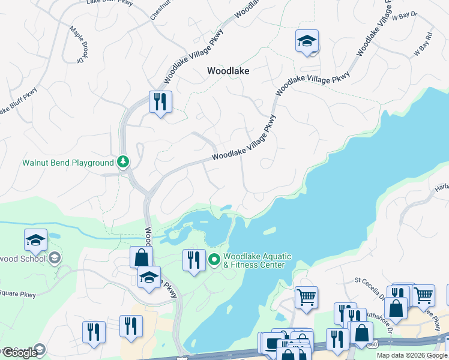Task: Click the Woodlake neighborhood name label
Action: point(228,70)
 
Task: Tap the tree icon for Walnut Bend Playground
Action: point(123,161)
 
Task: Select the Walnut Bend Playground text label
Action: point(68,163)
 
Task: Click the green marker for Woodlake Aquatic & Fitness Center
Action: point(215,260)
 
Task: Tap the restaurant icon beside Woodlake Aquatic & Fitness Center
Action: point(194,260)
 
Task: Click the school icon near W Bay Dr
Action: point(307,41)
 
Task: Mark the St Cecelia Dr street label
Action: point(370,287)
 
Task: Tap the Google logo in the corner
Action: point(20,353)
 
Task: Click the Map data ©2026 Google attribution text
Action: point(412,355)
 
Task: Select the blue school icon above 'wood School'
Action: point(35,240)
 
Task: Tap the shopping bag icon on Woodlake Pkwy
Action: point(141,257)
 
